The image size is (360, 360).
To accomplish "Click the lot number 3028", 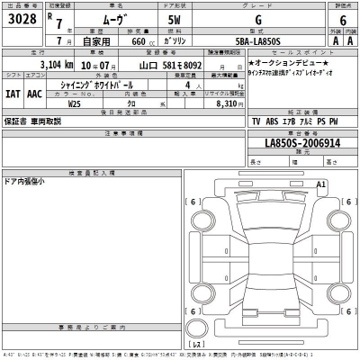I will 22,20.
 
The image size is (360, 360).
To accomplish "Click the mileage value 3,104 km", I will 64,65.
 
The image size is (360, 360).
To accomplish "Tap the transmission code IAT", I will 13,92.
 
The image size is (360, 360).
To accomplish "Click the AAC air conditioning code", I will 35,92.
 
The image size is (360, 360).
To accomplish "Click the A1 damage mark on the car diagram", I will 321,184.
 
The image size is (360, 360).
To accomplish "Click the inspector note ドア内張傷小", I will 28,181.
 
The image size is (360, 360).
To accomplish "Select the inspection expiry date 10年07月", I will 102,65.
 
